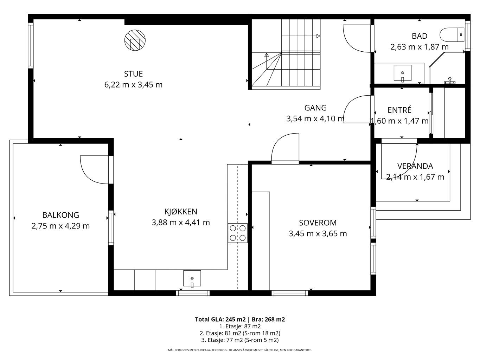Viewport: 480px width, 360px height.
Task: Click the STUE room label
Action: (133, 74)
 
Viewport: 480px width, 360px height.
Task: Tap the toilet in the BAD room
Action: (452, 34)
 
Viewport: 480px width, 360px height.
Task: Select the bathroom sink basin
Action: (402, 73)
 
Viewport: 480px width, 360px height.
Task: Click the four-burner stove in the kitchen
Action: (237, 233)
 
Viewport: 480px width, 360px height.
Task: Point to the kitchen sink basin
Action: (192, 279)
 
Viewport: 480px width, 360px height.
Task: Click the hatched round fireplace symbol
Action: (135, 40)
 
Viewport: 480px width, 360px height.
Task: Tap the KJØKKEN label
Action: (181, 212)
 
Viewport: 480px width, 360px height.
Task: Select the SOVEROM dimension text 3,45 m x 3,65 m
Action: (318, 234)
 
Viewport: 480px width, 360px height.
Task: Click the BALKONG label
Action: (60, 215)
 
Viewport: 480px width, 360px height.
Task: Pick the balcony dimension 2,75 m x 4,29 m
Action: (60, 226)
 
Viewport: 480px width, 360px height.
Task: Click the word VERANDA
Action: (415, 166)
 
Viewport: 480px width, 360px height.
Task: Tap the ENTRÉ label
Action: (399, 110)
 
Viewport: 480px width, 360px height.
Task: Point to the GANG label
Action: (315, 108)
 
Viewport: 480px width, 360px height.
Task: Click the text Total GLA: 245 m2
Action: (220, 320)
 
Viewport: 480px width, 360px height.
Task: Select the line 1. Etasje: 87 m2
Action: (240, 326)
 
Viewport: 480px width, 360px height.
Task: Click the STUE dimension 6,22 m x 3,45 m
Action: (133, 85)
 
